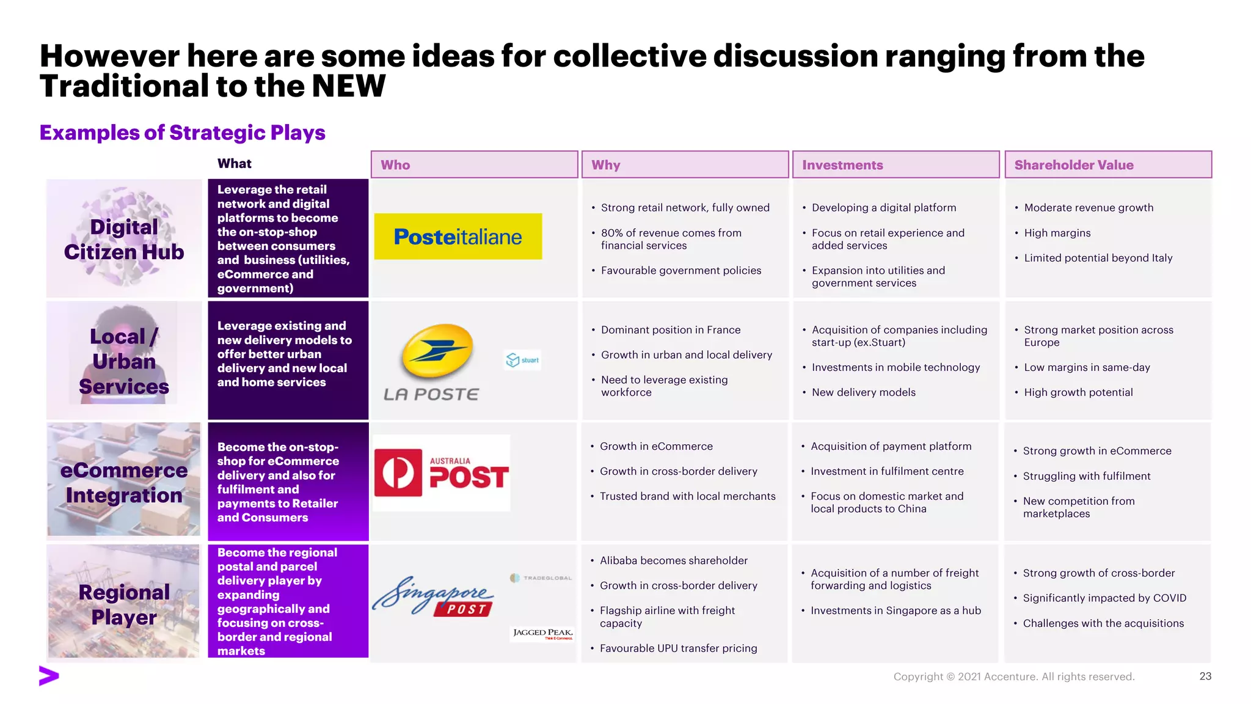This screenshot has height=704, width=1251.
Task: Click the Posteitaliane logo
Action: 458,237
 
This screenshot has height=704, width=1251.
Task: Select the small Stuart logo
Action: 522,360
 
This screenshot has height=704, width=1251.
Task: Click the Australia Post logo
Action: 442,472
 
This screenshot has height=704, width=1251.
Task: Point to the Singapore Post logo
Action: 433,596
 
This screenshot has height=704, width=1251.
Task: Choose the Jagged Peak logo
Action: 542,634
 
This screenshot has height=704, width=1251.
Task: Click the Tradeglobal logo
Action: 541,577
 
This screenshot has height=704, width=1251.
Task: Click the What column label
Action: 235,163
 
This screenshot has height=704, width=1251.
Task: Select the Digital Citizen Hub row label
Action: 124,239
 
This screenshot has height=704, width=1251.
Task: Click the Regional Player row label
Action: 124,604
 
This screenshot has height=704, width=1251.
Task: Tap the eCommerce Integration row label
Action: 124,482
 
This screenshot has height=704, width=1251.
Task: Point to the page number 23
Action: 1205,676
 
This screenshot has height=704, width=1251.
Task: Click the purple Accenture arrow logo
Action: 49,676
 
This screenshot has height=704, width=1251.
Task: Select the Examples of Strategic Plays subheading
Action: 182,133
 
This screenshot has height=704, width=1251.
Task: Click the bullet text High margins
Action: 1057,233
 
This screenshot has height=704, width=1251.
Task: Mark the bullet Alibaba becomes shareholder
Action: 673,560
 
